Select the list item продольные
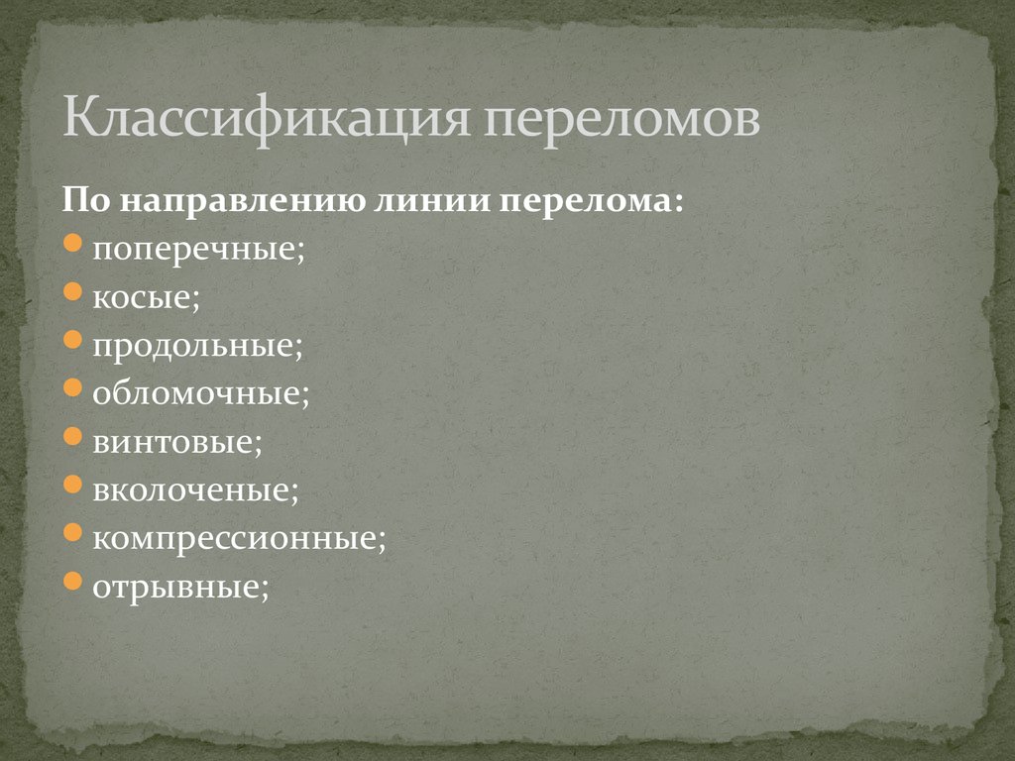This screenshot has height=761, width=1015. [197, 346]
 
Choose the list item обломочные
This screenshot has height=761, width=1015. [201, 393]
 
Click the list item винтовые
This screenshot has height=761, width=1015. [177, 441]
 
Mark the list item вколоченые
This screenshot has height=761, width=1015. [195, 489]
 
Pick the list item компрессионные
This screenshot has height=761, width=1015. [239, 538]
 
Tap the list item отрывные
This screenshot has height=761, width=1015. [180, 586]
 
